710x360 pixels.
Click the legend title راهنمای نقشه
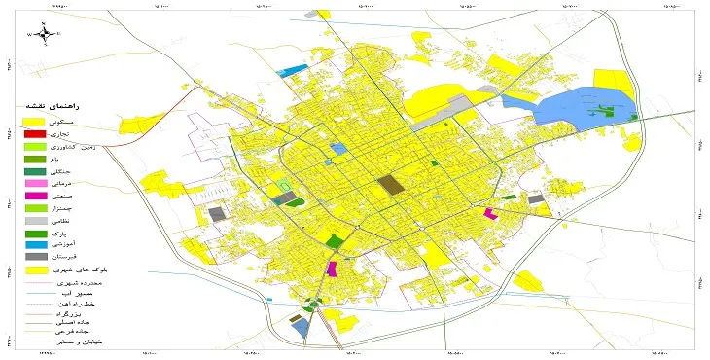60,105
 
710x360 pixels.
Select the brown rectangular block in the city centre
391,184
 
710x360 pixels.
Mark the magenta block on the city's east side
489,213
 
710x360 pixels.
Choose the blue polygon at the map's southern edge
301,328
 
